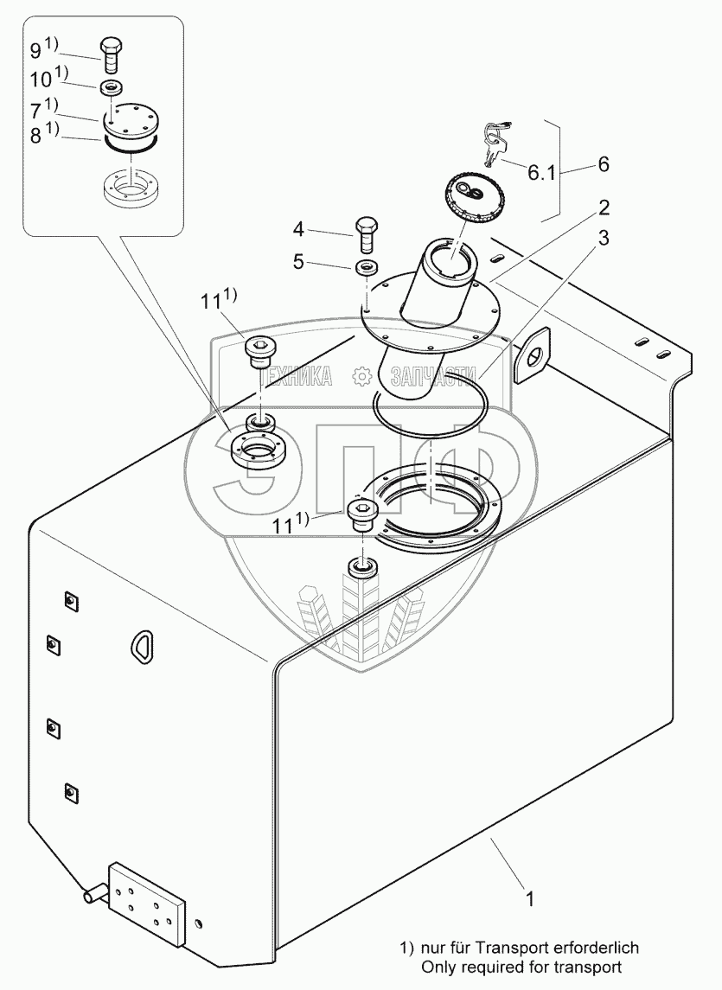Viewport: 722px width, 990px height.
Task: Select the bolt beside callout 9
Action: click(111, 54)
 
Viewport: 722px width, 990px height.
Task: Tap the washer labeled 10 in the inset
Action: click(111, 86)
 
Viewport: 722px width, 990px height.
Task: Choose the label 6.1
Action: click(540, 173)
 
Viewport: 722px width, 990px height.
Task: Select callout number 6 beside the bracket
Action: click(602, 163)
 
